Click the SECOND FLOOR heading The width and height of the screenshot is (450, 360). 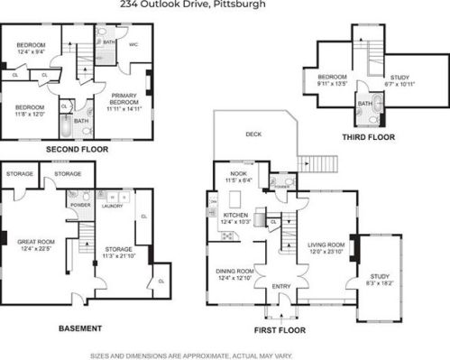tap(78, 148)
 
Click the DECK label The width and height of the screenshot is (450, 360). tap(253, 135)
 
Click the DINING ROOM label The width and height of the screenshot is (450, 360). tap(234, 271)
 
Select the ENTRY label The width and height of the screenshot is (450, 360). tap(280, 288)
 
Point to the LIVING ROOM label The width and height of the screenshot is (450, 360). tap(327, 245)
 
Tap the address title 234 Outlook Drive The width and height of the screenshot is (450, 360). tap(225, 5)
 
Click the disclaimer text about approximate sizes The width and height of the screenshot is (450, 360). tap(225, 352)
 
